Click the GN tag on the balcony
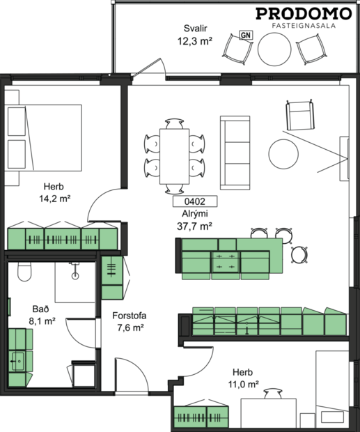(x=244, y=34)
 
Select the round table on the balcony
(x=274, y=49)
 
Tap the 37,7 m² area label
(x=195, y=226)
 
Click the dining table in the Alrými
(x=173, y=155)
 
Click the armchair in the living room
(x=299, y=115)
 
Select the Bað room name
(x=40, y=309)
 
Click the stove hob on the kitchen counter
(x=226, y=262)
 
